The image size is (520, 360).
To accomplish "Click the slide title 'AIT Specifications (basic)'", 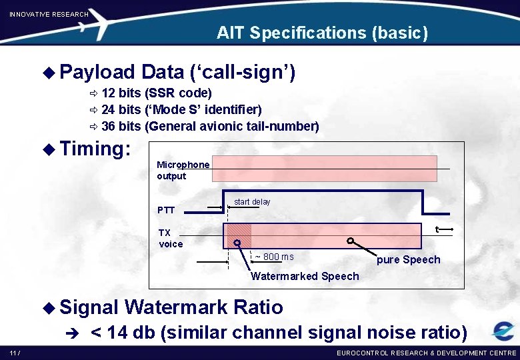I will click(322, 33).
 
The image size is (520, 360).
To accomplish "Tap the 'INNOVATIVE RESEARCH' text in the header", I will click(49, 14).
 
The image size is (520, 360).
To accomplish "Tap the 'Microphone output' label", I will click(183, 170).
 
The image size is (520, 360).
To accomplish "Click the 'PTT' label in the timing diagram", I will click(166, 210).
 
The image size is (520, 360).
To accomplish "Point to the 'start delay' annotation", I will click(252, 202).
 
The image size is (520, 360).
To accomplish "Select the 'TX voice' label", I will click(170, 238).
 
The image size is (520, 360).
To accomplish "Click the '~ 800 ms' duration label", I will click(274, 257).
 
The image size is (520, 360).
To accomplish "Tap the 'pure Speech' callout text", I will click(408, 260).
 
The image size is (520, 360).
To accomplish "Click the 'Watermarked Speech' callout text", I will click(305, 276).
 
